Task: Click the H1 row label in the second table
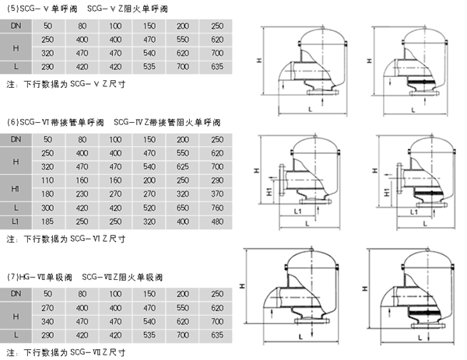tap(16, 187)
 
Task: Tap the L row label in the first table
tap(16, 67)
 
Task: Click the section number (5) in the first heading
tap(10, 8)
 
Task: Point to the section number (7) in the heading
tap(10, 277)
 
